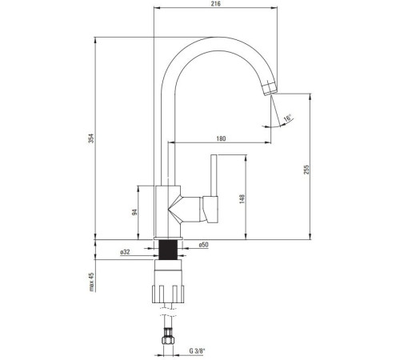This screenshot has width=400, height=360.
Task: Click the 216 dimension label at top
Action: coord(215,4)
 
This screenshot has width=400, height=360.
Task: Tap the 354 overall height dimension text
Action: coord(91,138)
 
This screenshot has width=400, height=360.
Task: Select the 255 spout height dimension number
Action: coord(306,170)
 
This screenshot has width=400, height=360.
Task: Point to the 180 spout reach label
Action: coord(221,138)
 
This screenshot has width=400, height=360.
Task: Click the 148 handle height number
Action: coord(242,199)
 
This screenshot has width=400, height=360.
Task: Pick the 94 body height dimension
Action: coord(135,212)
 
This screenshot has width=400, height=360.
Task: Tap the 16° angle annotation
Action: coord(287,118)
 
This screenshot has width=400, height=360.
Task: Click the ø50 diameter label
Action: coord(203,245)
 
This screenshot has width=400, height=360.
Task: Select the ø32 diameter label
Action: coord(125,251)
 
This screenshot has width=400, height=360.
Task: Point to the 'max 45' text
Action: coord(92,282)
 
